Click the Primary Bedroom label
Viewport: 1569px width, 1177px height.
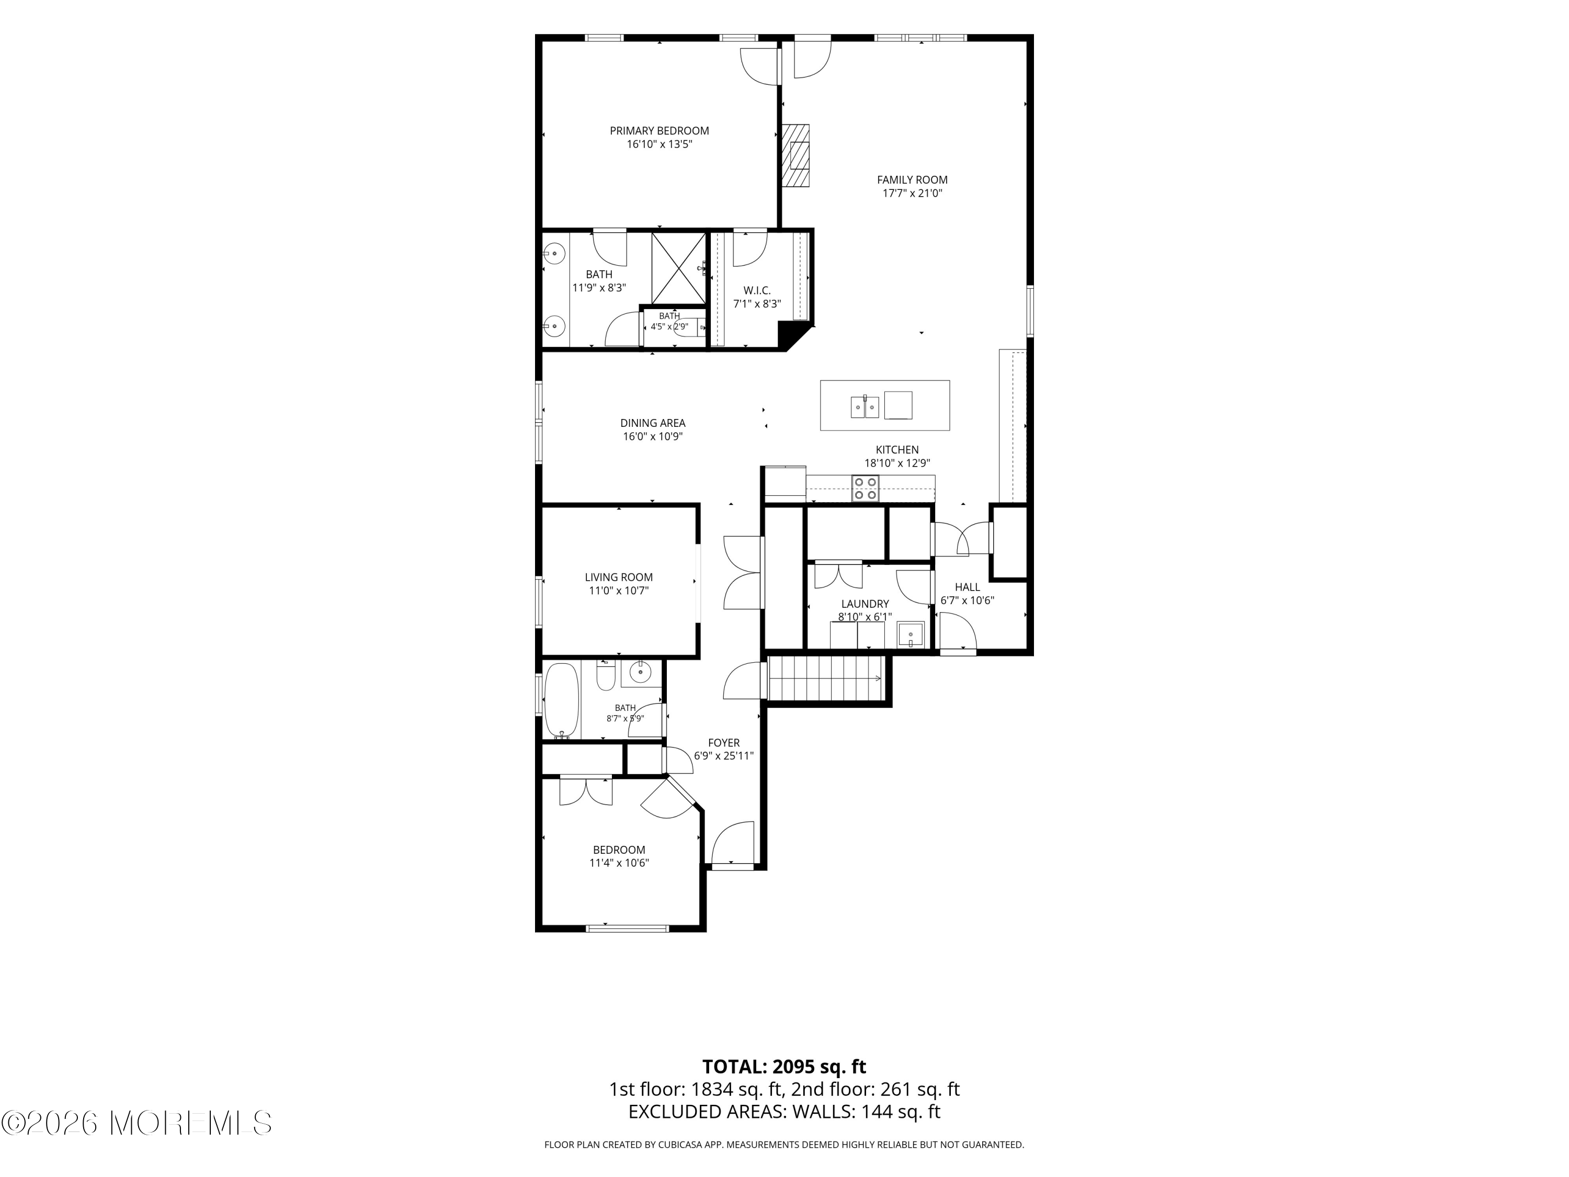[x=659, y=131]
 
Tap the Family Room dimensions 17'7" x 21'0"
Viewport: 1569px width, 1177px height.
[x=912, y=193]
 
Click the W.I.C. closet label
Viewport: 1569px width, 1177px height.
[x=757, y=291]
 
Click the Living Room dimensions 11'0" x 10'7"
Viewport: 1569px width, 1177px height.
[x=619, y=590]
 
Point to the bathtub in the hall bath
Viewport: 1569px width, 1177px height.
[x=562, y=701]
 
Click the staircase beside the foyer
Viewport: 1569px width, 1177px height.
[x=826, y=678]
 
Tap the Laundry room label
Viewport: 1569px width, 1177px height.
[x=865, y=604]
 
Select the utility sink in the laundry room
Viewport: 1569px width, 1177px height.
[x=911, y=634]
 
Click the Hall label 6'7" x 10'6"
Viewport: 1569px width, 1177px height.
[x=968, y=594]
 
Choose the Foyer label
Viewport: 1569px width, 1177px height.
[x=723, y=743]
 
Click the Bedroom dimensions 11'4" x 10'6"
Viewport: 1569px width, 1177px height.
[x=619, y=863]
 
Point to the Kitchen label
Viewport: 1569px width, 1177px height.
[x=897, y=450]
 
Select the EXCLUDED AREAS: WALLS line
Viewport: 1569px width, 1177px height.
[x=784, y=1131]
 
